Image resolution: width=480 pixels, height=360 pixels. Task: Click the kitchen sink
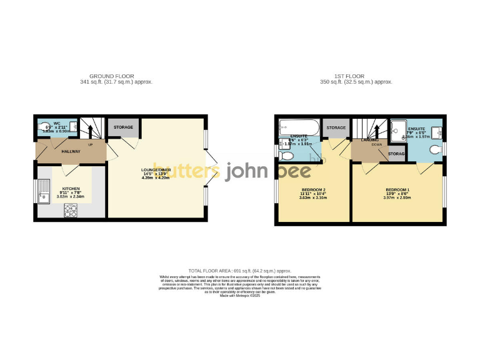pyautogui.click(x=44, y=190)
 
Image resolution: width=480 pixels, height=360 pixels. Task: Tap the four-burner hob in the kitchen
pyautogui.click(x=69, y=211)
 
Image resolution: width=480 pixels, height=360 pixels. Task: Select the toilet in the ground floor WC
pyautogui.click(x=42, y=129)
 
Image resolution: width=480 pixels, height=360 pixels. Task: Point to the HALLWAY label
pyautogui.click(x=71, y=151)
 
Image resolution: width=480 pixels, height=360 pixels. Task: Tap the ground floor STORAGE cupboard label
pyautogui.click(x=122, y=127)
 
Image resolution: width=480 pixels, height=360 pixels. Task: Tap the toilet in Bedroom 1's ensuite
pyautogui.click(x=436, y=149)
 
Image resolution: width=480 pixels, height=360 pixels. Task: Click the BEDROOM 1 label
pyautogui.click(x=397, y=189)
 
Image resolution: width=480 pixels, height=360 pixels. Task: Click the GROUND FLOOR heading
pyautogui.click(x=116, y=76)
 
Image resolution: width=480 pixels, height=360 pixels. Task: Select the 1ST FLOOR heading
pyautogui.click(x=356, y=76)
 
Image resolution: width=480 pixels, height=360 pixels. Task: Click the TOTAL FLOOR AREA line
pyautogui.click(x=239, y=271)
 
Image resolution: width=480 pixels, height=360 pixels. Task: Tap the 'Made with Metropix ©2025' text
pyautogui.click(x=240, y=296)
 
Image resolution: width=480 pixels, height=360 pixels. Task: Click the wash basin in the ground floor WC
pyautogui.click(x=73, y=126)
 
